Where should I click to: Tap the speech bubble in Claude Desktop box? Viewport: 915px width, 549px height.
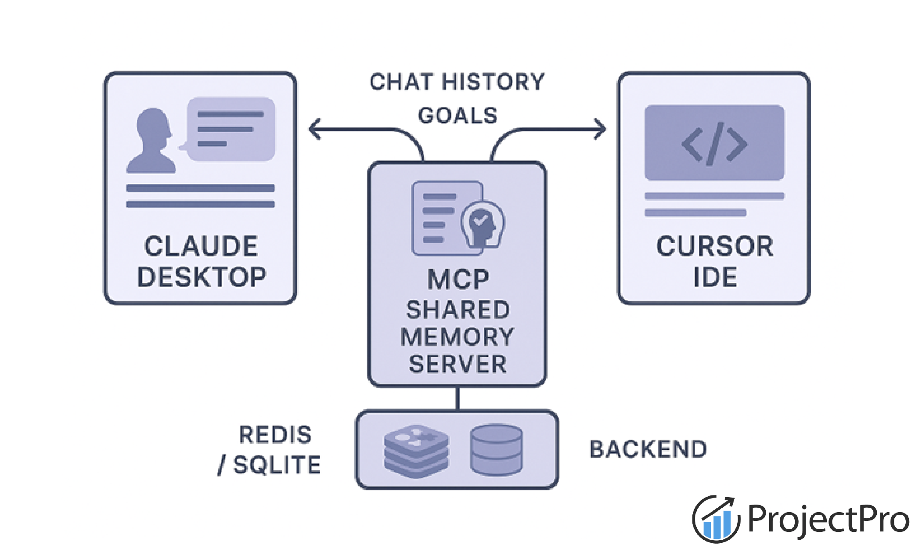[x=231, y=130]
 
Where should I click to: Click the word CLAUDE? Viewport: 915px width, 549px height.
[x=201, y=246]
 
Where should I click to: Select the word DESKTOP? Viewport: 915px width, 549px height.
[x=202, y=277]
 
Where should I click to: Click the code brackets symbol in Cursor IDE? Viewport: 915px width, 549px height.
[x=714, y=144]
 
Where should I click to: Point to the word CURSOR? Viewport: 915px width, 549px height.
[x=714, y=246]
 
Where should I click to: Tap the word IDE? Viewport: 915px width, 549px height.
[x=715, y=277]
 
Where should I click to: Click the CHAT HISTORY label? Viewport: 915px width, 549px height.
[x=457, y=82]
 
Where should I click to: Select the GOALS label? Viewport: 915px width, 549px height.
[x=457, y=116]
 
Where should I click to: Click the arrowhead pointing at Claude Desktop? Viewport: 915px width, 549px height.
[x=314, y=129]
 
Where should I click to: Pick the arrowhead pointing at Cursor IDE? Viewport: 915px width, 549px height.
[x=601, y=129]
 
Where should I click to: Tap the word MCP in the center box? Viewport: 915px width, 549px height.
[x=458, y=279]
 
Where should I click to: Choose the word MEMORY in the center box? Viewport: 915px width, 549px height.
[x=457, y=337]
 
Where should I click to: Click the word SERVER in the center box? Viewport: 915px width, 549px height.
[x=457, y=364]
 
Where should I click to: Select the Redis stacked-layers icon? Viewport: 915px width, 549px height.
[x=416, y=450]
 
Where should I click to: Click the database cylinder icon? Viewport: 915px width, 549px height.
[x=497, y=449]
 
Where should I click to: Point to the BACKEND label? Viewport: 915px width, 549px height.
[x=648, y=449]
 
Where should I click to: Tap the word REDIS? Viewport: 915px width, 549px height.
[x=275, y=435]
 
